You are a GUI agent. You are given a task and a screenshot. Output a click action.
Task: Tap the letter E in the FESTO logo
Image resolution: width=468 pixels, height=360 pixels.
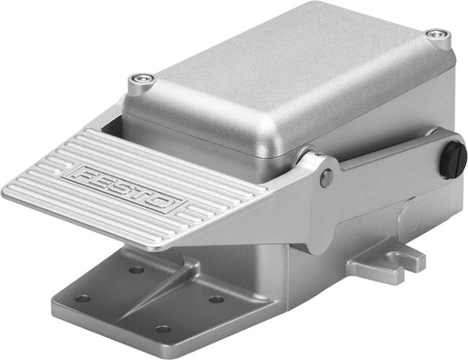(x=105, y=179)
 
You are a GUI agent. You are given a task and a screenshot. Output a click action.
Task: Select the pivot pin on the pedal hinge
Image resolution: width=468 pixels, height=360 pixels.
(x=326, y=178)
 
